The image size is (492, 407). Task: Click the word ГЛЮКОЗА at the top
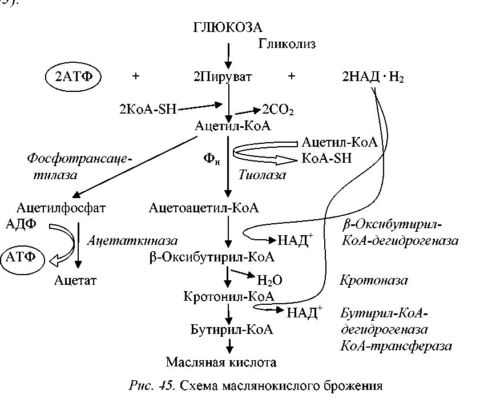pos(228,27)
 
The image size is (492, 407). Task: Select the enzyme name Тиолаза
pos(263,175)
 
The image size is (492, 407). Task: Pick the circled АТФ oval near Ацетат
pos(21,257)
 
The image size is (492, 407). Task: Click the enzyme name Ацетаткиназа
pos(132,241)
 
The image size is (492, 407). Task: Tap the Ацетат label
pos(76,280)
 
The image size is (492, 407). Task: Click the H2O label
pos(270,280)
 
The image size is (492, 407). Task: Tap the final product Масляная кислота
pos(221,362)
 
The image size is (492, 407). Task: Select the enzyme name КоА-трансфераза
pos(396,346)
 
